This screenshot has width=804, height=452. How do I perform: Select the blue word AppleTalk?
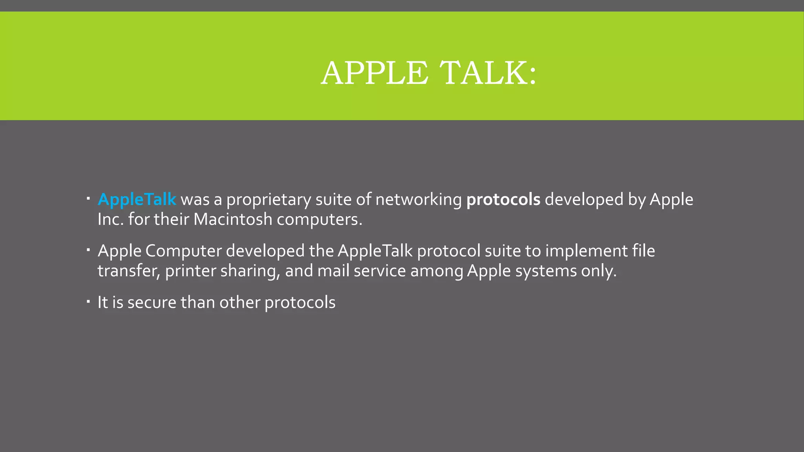pos(137,200)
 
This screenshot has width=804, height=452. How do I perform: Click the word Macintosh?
pos(233,219)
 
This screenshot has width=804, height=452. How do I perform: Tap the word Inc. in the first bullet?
pos(111,219)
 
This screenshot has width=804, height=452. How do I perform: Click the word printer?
pos(190,271)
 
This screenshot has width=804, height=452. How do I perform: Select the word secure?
pos(152,303)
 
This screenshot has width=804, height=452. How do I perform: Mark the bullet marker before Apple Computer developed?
pos(89,250)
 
